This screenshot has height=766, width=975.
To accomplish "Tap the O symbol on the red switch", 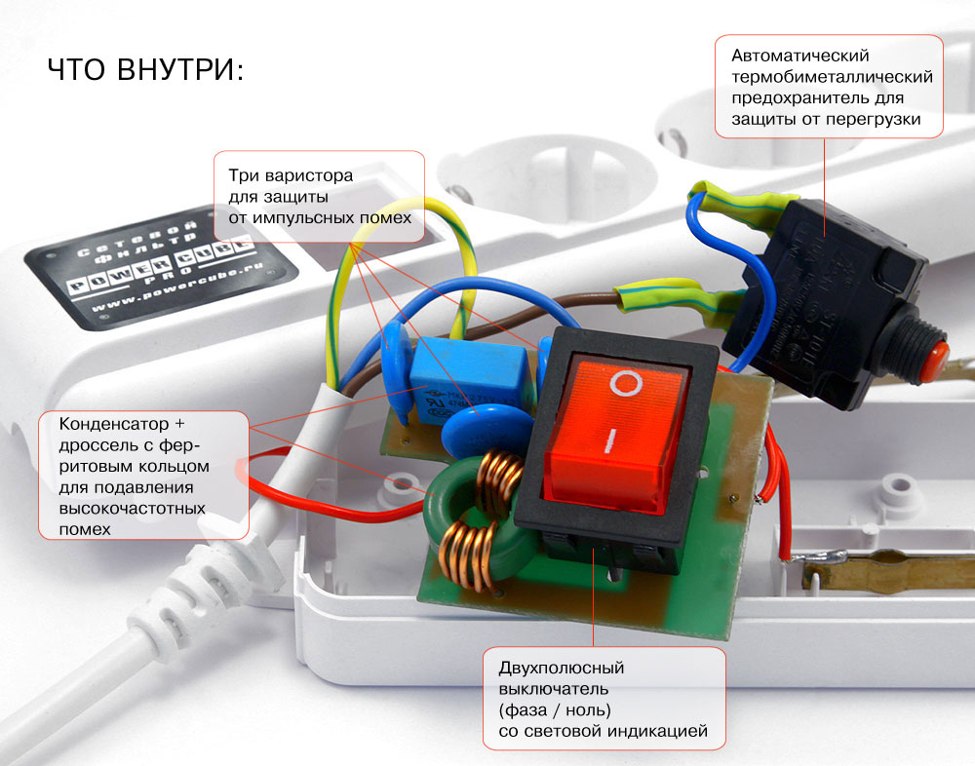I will pyautogui.click(x=624, y=382).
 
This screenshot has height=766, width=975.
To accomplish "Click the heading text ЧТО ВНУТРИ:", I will pyautogui.click(x=144, y=71).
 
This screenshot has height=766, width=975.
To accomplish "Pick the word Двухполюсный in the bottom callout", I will pyautogui.click(x=561, y=668).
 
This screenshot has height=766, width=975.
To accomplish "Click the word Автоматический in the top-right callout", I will pyautogui.click(x=799, y=56).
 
